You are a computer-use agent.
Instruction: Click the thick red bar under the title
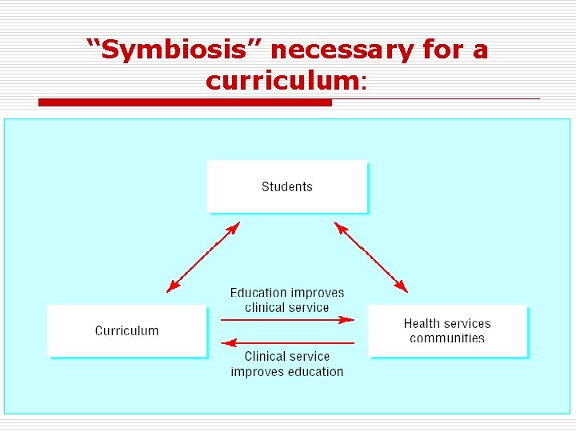pos(185,102)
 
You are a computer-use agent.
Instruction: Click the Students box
pos(287,186)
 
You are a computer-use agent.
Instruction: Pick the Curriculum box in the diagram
pos(127,330)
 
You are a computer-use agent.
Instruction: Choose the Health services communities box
pos(447,330)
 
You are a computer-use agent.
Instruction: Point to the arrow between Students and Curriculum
pos(203,258)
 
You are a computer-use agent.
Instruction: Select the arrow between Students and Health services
pos(370,258)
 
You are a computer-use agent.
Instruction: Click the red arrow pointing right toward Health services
pos(287,319)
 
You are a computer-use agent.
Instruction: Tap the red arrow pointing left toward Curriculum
pos(287,343)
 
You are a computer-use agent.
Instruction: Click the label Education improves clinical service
pos(287,300)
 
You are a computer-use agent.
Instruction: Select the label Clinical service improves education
pos(287,364)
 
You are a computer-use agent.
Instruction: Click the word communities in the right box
pos(447,338)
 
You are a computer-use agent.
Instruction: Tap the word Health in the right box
pos(422,323)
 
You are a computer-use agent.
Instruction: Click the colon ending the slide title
pos(364,82)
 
